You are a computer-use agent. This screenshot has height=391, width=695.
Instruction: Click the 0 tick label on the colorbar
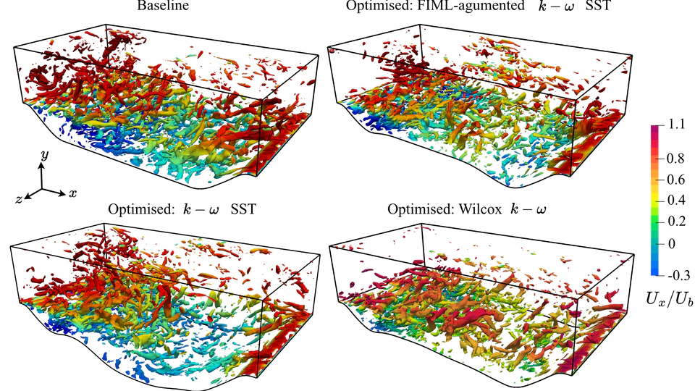click(673, 244)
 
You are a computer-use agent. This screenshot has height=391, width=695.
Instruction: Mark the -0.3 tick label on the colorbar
click(677, 276)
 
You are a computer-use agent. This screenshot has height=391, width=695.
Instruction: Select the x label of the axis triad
click(74, 193)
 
